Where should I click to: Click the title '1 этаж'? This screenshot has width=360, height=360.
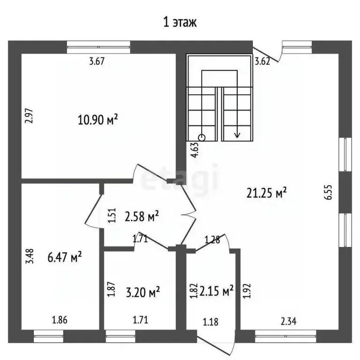click(180, 22)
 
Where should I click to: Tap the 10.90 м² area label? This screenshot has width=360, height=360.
click(98, 120)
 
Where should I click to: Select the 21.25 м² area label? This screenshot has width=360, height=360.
click(267, 193)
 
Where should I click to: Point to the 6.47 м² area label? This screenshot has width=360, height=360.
click(65, 257)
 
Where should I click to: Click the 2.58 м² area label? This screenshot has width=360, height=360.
click(142, 216)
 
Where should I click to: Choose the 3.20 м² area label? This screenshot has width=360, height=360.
click(143, 292)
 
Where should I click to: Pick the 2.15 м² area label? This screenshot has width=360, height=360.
click(217, 292)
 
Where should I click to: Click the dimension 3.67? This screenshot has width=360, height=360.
click(97, 61)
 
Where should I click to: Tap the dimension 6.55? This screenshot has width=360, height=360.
click(329, 192)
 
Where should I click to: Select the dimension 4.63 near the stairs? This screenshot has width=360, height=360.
click(195, 150)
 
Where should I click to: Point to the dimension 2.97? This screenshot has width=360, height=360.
click(29, 116)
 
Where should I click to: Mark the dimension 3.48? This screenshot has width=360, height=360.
click(30, 256)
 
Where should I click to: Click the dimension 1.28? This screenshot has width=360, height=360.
click(212, 240)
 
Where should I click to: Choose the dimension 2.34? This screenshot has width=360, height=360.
click(289, 322)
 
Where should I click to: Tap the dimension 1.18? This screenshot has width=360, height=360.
click(210, 322)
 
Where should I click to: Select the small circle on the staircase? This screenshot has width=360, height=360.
click(202, 138)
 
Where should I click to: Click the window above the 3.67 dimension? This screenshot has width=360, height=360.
click(98, 47)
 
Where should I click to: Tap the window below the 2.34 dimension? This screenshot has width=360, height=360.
click(285, 337)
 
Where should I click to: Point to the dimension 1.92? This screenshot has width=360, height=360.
click(247, 291)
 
